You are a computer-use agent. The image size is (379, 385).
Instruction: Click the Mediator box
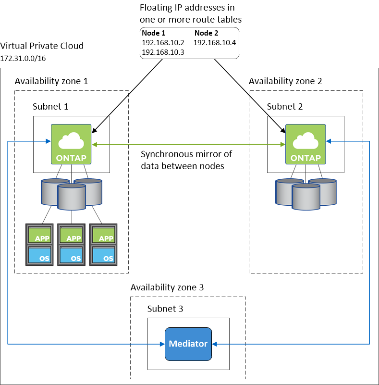(x=188, y=344)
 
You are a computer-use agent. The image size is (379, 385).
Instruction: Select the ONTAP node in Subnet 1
(x=71, y=144)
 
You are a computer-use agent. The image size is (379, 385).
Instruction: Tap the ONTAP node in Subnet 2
(x=305, y=144)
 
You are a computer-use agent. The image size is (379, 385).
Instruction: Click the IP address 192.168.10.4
(x=215, y=42)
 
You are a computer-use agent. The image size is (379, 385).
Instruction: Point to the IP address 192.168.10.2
(x=163, y=42)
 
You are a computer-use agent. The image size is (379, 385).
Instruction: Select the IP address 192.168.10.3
(x=163, y=51)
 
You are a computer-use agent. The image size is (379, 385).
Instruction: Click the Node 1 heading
(x=154, y=34)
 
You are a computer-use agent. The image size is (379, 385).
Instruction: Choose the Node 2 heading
(x=206, y=34)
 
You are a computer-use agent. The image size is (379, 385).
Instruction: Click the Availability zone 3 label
(x=167, y=287)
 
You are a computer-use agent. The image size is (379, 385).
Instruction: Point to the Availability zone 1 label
(x=51, y=81)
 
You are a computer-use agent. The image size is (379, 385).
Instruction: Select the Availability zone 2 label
(x=285, y=81)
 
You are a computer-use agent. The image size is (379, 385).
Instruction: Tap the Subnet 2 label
(x=285, y=106)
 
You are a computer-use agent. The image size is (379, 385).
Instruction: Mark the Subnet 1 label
(x=50, y=106)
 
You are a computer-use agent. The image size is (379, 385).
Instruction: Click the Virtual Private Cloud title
(x=42, y=46)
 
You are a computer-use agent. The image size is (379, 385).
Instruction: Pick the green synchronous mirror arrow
(x=187, y=144)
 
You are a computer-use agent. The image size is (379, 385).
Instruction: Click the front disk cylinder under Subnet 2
(x=306, y=197)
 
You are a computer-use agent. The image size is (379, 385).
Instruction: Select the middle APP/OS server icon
(x=72, y=244)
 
